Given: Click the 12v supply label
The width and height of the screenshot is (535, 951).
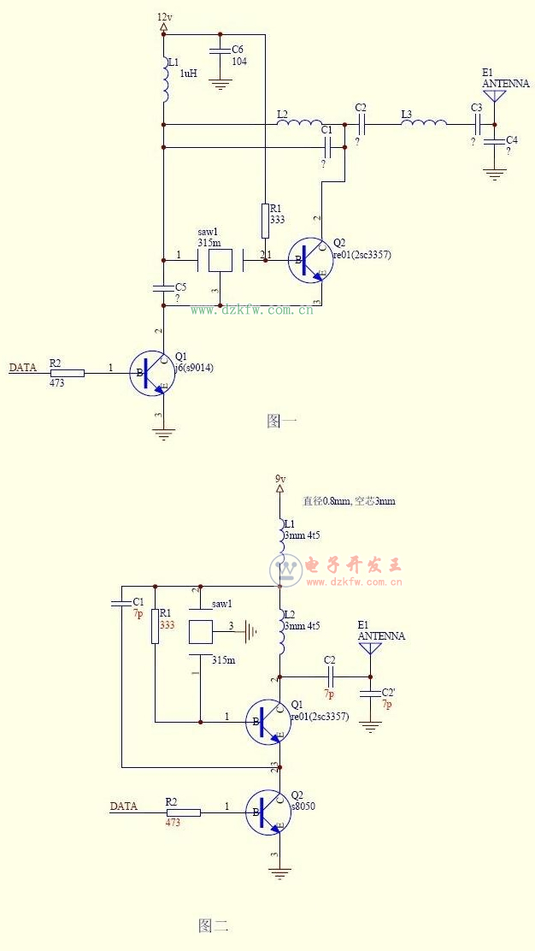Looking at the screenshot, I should click(x=164, y=17).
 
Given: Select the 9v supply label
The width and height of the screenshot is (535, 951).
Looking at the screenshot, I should click(x=280, y=479).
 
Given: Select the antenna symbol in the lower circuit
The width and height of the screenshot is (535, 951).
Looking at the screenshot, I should click(x=369, y=648).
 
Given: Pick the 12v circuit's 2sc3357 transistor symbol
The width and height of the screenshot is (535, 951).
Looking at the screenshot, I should click(x=309, y=260).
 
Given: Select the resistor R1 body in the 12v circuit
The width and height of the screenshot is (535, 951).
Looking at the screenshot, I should click(x=265, y=221).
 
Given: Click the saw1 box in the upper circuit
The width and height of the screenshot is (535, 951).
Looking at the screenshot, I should click(x=220, y=259).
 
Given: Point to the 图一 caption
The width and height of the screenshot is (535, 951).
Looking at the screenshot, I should click(x=281, y=420).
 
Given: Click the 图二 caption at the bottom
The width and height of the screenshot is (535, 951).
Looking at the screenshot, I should click(x=213, y=925).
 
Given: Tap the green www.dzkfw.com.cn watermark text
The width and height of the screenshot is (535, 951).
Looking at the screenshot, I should click(x=251, y=310).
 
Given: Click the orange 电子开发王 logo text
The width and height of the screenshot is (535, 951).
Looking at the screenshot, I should click(x=353, y=564).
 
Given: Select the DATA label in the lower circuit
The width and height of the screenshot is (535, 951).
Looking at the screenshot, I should click(x=124, y=806).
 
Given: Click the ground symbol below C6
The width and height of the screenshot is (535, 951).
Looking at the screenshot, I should click(x=220, y=84).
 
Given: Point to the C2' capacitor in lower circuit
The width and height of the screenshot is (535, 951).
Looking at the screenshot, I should click(x=369, y=694).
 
